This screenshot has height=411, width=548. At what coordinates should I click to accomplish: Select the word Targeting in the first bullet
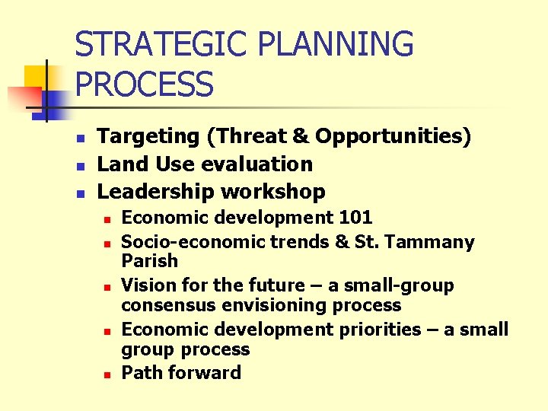[x=148, y=137]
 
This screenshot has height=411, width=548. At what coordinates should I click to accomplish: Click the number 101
[x=355, y=218]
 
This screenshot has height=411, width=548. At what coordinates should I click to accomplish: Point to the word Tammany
[x=438, y=243]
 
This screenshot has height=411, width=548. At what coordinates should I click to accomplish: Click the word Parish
[x=149, y=261]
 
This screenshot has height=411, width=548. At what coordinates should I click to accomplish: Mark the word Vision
[x=148, y=286]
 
